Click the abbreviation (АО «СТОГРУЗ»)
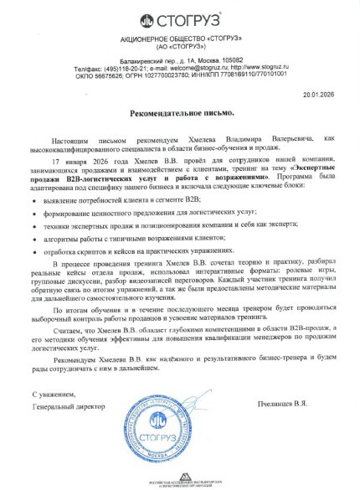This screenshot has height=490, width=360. click(x=180, y=48)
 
